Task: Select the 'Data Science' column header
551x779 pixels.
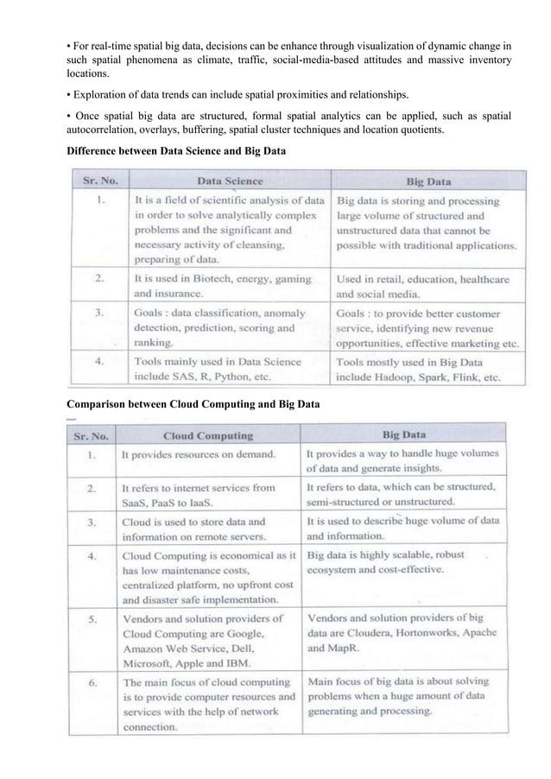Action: pyautogui.click(x=231, y=181)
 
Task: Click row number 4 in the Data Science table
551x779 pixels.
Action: pyautogui.click(x=102, y=362)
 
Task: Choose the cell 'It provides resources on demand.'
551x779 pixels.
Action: pyautogui.click(x=199, y=454)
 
